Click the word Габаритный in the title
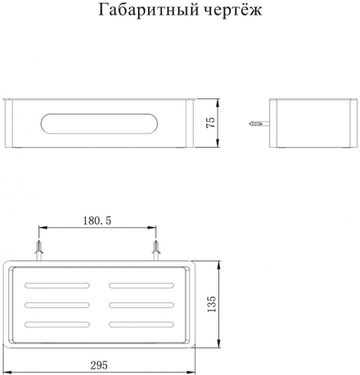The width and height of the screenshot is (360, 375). coord(149,10)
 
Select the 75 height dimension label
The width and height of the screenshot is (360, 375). coord(211,122)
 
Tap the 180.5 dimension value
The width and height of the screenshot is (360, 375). coord(97,220)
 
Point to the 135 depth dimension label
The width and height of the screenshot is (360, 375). coord(212,304)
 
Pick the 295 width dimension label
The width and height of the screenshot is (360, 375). coord(99,365)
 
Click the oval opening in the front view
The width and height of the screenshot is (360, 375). coord(99,123)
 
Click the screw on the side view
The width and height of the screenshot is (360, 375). coord(259,124)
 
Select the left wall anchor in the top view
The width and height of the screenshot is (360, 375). coord(39,250)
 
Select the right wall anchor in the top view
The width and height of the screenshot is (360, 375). coord(156,250)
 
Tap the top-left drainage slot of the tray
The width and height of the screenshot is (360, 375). coord(57,286)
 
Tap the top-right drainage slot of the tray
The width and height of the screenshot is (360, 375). coord(142,286)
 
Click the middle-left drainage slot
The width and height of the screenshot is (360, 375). coord(57,305)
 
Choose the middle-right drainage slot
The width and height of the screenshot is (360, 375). coord(142,305)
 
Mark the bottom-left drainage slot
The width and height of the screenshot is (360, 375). coord(57,324)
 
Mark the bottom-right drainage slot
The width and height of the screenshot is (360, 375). coord(142,324)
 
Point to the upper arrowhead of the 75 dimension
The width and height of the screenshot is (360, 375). coord(218,103)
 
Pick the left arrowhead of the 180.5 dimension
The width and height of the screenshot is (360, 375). coord(43,228)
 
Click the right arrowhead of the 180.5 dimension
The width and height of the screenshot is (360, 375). coord(152,228)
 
